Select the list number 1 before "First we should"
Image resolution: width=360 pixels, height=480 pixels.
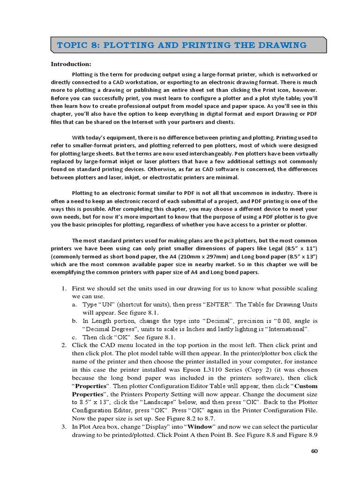click(64, 288)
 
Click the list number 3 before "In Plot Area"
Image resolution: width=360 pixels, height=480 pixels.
click(64, 427)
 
